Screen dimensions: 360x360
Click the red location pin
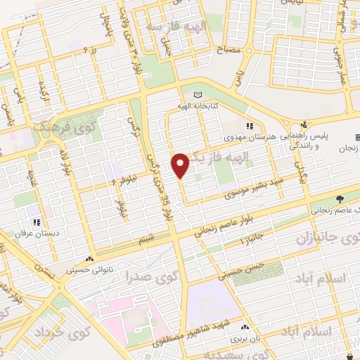pos(181,165)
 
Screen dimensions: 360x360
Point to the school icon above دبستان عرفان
pos(30,210)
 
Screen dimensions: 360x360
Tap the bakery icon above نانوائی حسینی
pos(90,258)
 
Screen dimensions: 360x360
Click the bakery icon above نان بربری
pos(244,327)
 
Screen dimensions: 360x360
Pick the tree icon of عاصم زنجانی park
pos(340,199)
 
